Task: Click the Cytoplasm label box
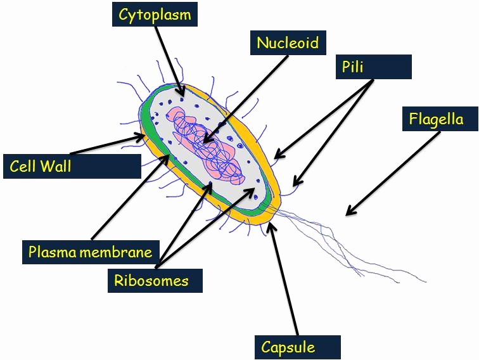pos(155,14)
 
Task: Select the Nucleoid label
pos(287,42)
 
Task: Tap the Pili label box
pos(373,67)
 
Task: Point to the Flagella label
pos(436,119)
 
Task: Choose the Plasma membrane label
pos(90,252)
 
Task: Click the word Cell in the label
pos(23,167)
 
